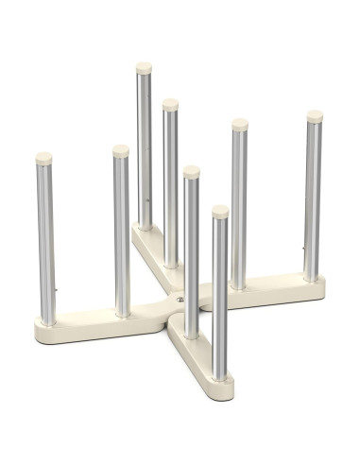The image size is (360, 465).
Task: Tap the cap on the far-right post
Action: (314, 116)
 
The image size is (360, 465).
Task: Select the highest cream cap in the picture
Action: (145, 68)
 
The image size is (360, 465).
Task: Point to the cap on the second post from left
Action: (121, 150)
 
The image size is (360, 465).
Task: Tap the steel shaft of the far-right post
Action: (313, 198)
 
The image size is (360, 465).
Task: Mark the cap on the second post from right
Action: (240, 124)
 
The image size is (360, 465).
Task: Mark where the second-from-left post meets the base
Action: (122, 312)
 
